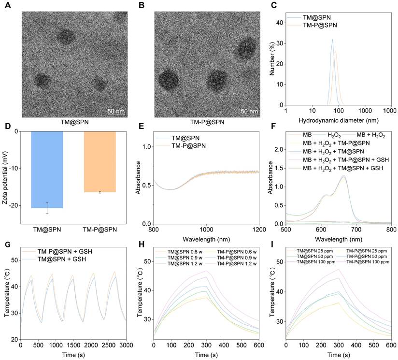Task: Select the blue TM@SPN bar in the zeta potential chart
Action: [47, 169]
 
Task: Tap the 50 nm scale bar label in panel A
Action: [115, 111]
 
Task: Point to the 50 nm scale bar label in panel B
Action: [249, 111]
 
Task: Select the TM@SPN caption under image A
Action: [72, 123]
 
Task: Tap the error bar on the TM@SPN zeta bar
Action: [47, 208]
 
